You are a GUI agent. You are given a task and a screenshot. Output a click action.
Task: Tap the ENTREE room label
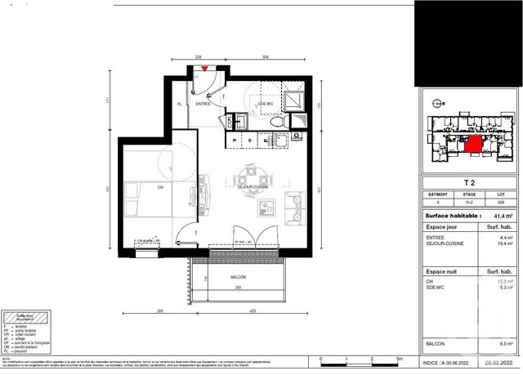203,104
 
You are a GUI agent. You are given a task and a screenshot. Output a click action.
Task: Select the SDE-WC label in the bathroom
266,104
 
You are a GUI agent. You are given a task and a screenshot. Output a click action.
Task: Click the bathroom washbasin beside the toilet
240,121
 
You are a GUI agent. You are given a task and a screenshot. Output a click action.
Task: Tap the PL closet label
180,104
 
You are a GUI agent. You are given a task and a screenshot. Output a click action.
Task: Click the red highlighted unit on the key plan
472,145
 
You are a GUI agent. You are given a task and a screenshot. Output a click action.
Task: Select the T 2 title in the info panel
469,183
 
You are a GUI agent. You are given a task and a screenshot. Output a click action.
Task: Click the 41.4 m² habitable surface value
503,216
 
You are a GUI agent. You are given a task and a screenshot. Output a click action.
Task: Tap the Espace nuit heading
445,269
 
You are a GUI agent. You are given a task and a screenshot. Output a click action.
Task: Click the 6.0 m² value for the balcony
507,344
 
